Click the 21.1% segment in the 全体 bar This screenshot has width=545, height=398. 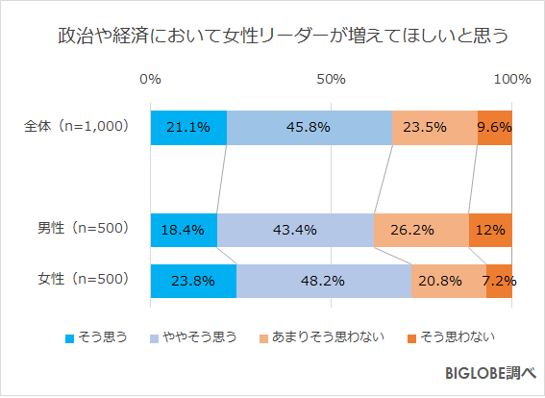(x=188, y=127)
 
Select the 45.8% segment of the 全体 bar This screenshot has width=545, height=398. (x=309, y=127)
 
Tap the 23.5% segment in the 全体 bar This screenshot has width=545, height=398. (x=434, y=127)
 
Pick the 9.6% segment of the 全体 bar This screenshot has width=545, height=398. (x=494, y=127)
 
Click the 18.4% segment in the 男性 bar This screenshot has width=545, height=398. (x=184, y=230)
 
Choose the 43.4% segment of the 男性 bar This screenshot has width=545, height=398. (x=295, y=230)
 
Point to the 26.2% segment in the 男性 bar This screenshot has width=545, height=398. (x=421, y=230)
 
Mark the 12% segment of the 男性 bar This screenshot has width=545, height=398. (x=490, y=230)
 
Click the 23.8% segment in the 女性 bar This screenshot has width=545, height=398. (x=193, y=281)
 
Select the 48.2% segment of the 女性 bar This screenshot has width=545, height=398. (x=323, y=281)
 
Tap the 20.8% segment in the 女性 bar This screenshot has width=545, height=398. (x=448, y=281)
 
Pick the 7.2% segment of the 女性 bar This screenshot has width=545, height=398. (x=499, y=281)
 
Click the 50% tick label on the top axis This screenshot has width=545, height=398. (x=331, y=79)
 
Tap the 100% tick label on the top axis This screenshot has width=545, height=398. (x=511, y=79)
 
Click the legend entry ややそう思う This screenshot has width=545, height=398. (x=194, y=336)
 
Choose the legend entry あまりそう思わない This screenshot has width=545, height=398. (x=321, y=336)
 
